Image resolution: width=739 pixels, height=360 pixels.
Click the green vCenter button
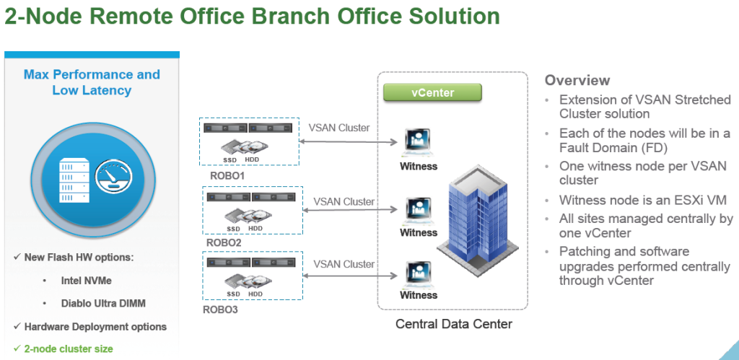tap(432, 92)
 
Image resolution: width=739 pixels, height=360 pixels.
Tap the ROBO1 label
tap(227, 176)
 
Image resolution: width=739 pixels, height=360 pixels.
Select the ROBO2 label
tap(224, 243)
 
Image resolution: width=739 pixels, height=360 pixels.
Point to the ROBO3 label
tap(221, 310)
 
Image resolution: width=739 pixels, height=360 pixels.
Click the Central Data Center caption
tap(453, 324)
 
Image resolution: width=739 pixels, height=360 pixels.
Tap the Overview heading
tap(577, 80)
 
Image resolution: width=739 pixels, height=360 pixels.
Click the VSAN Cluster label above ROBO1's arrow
tap(339, 128)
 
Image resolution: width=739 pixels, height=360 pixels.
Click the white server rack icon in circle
tap(74, 180)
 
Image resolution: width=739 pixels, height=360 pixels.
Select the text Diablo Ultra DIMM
tap(103, 304)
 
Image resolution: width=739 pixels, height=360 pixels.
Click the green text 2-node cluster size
tap(69, 348)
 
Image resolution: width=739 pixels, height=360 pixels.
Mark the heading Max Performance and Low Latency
tap(92, 82)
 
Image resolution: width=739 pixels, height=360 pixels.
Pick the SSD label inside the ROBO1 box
tap(230, 160)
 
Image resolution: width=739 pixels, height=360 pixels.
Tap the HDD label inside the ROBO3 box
tap(255, 294)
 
